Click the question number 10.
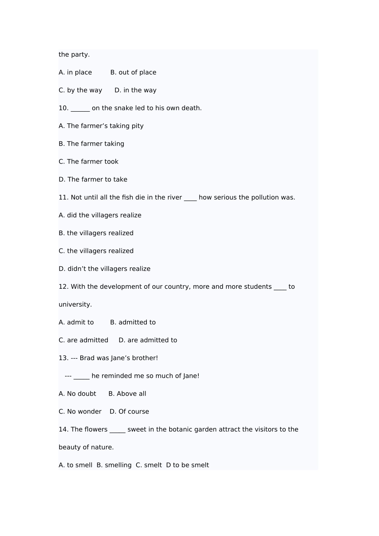click(x=63, y=108)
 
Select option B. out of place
click(x=133, y=73)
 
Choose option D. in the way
click(x=135, y=91)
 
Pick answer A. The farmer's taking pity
click(x=101, y=126)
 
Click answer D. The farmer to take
click(x=93, y=179)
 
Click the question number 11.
click(x=63, y=197)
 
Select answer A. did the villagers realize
click(x=100, y=215)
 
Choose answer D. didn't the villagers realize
click(x=105, y=269)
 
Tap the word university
click(x=75, y=305)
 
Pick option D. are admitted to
click(x=148, y=340)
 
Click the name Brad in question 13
click(x=87, y=358)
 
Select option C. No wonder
click(x=80, y=412)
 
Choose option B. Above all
click(x=127, y=394)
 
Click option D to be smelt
click(x=188, y=465)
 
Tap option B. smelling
click(x=114, y=465)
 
